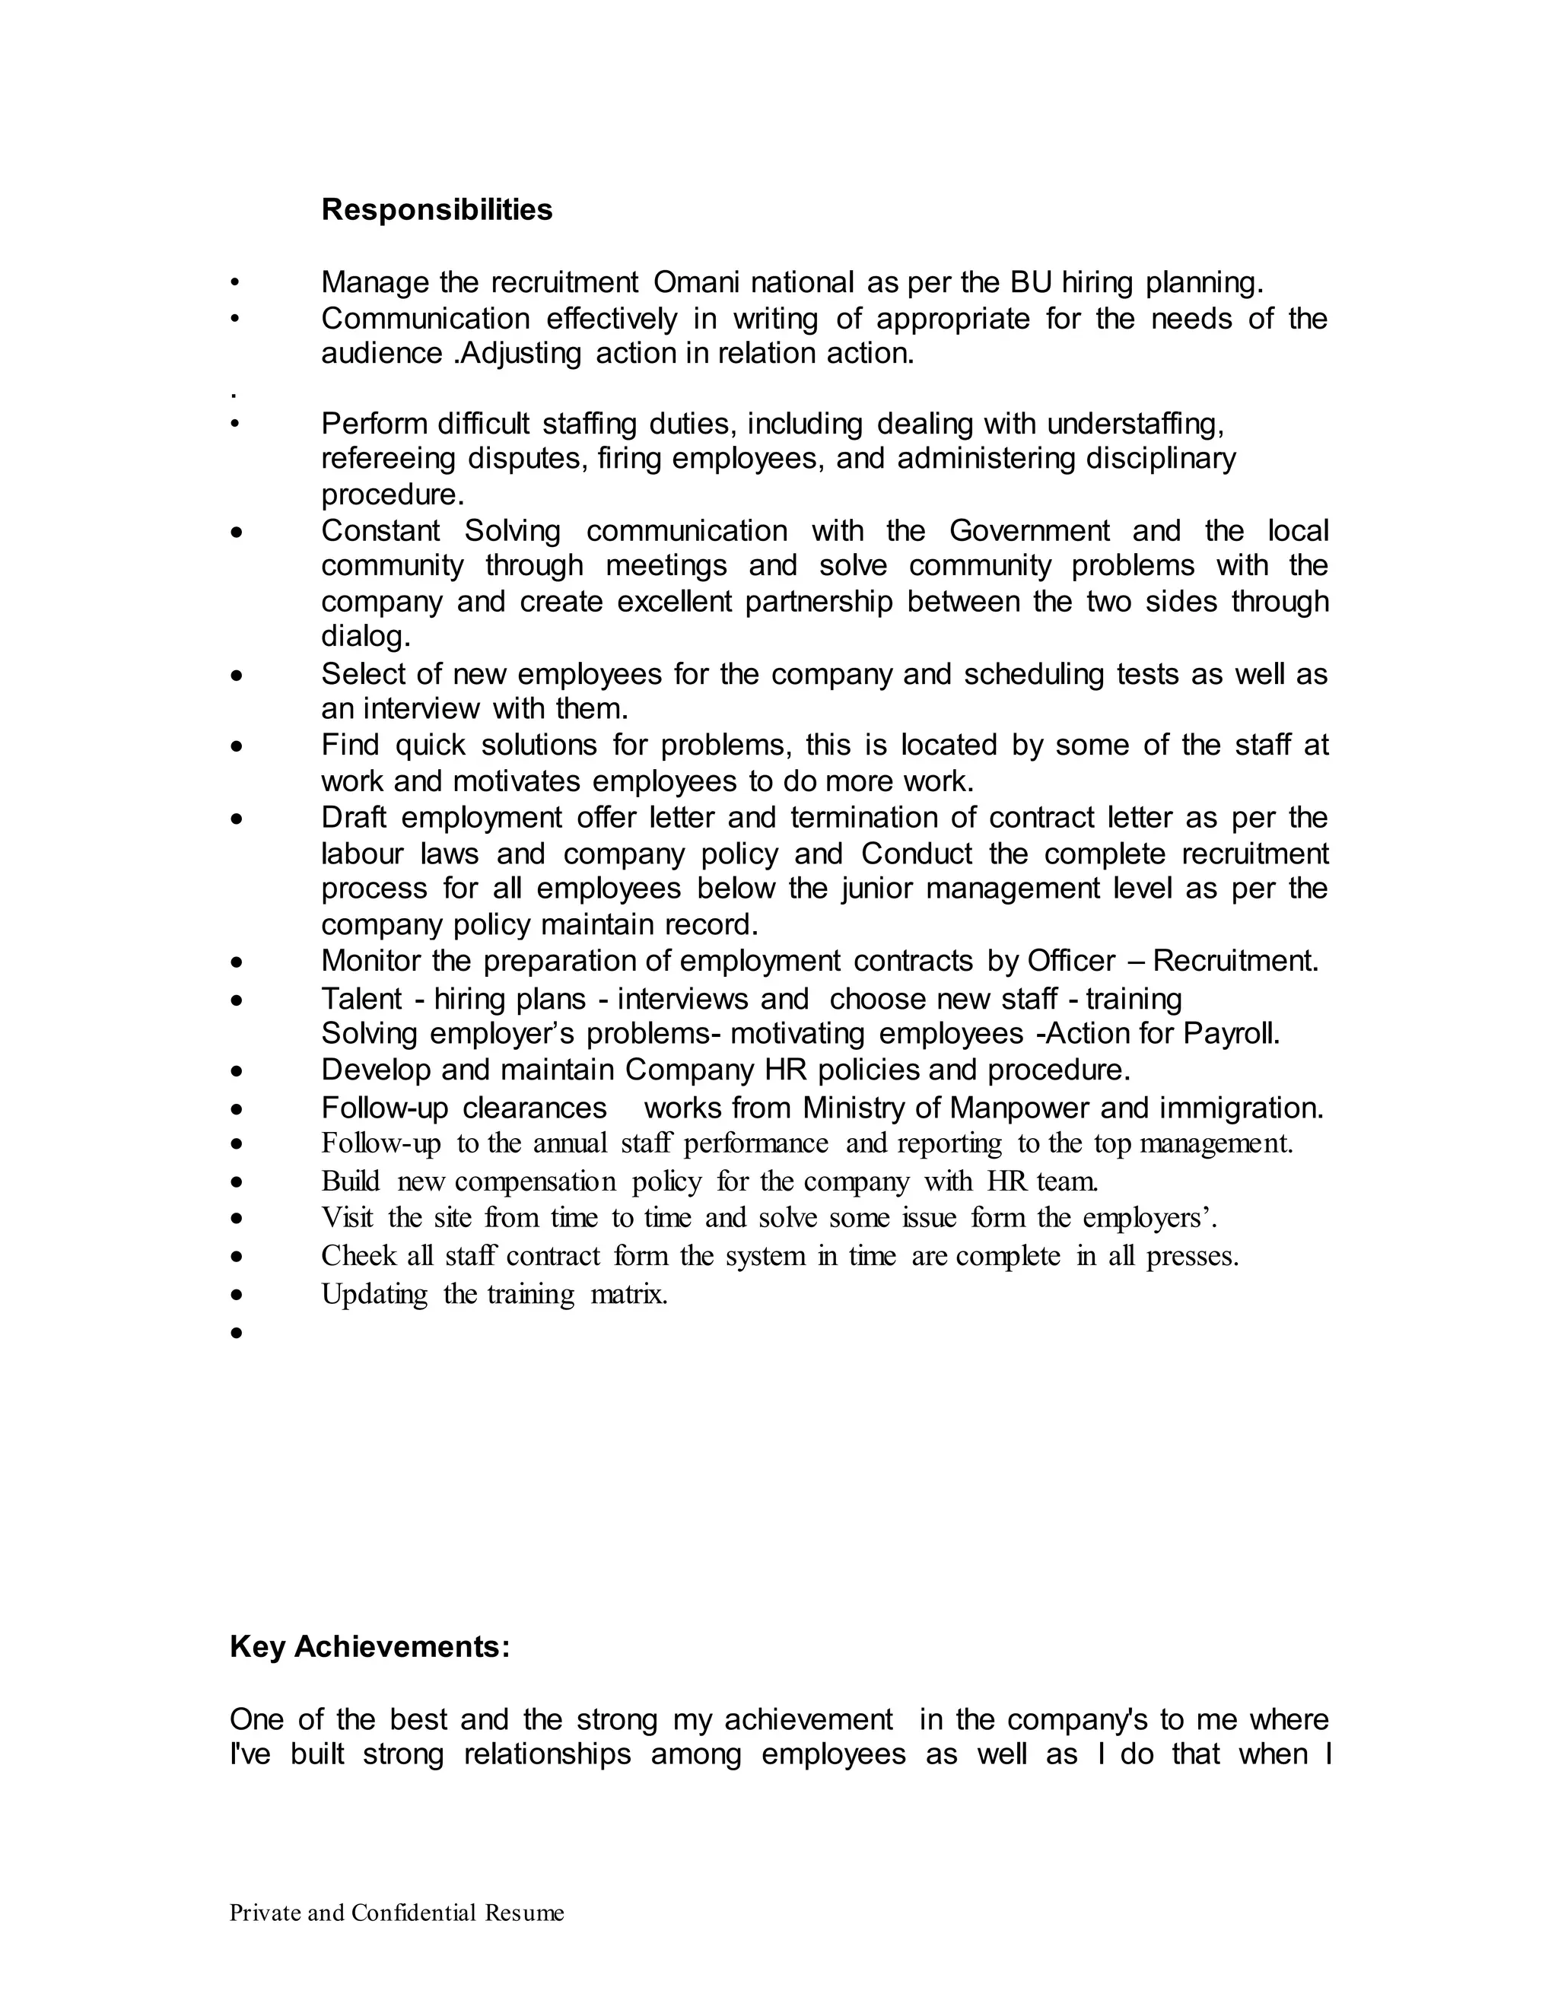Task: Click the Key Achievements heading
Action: point(369,1647)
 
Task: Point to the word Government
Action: point(1029,532)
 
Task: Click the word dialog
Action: point(364,637)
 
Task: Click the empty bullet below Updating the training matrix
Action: point(237,1333)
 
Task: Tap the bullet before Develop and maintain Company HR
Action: point(237,1072)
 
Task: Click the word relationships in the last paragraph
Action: point(546,1754)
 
